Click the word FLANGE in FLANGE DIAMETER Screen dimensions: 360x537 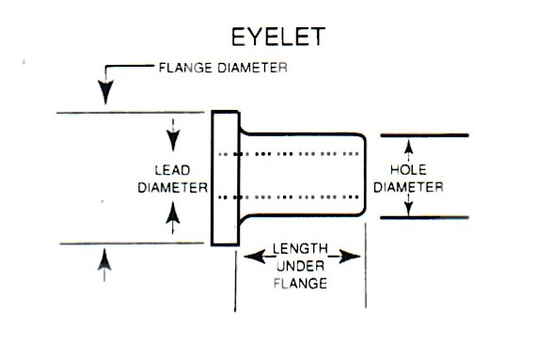[x=182, y=68]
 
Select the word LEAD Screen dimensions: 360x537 [x=172, y=170]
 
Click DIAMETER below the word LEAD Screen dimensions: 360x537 [x=172, y=187]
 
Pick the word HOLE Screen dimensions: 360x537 [x=408, y=169]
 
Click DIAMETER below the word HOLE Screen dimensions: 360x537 [x=408, y=186]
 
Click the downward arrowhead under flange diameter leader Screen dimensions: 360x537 [x=106, y=94]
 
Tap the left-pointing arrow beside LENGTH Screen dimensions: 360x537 [x=253, y=254]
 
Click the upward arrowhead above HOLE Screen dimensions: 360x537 [x=408, y=146]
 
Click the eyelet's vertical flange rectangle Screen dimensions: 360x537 [x=224, y=178]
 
